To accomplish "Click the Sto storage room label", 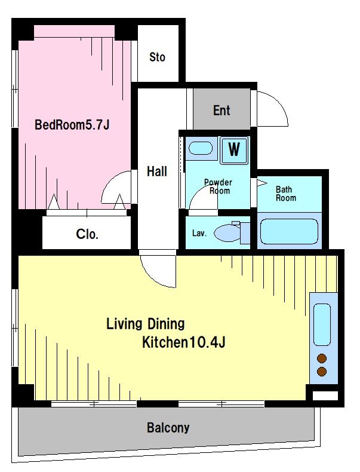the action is [157, 57].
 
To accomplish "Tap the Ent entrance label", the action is [221, 111].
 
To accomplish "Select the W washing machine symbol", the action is [234, 150].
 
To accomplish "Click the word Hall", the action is [156, 171].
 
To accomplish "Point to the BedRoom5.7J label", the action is [72, 125].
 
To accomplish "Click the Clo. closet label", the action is [87, 234].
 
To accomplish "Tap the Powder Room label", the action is [218, 186].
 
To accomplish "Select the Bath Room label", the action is [286, 194].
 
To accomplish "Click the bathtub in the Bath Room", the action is [289, 231].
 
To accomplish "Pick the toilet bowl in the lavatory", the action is [227, 232].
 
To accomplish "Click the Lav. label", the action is [199, 233].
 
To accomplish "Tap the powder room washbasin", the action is [201, 148].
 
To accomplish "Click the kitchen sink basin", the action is [322, 324].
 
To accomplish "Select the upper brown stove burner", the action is [322, 358].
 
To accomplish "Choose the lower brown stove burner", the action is [322, 372].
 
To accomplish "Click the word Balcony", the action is [168, 428].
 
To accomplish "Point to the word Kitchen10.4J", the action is [183, 342].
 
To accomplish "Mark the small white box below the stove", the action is [325, 396].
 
